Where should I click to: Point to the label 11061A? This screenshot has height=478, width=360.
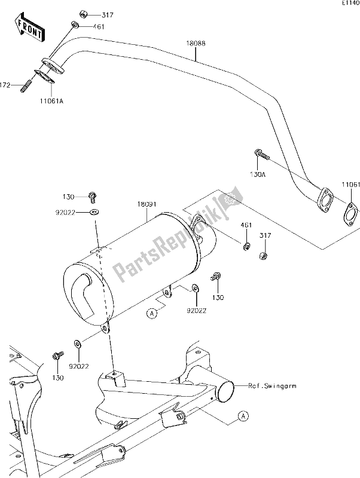[53, 102]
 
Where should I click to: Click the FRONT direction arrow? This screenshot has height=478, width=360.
[29, 29]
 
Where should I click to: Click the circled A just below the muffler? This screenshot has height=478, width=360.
[152, 312]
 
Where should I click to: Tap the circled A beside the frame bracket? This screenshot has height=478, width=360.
[242, 415]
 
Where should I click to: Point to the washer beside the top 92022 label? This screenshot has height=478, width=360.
[94, 212]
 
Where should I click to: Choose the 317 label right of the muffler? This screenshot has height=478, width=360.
[264, 237]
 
